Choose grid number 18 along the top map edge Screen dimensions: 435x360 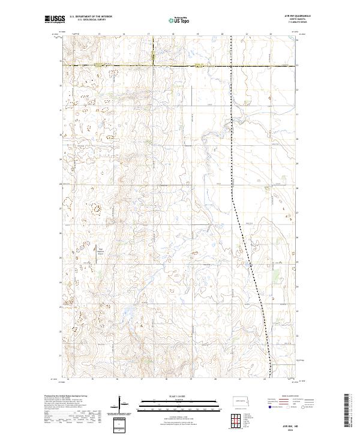[x=173, y=35]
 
